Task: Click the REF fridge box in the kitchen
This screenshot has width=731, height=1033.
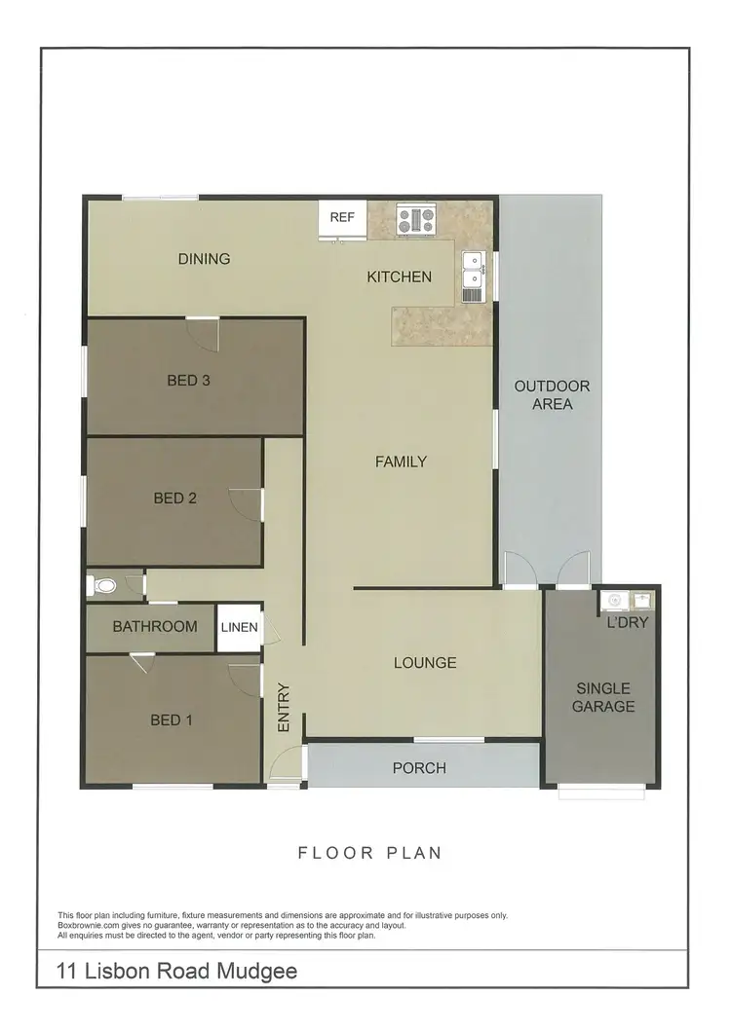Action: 342,218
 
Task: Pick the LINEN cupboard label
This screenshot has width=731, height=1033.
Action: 239,627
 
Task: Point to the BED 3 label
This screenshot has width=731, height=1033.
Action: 189,381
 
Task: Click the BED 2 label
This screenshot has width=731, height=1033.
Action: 175,498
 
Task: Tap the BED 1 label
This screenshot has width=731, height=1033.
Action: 172,720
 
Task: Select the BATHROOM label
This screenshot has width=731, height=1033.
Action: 155,627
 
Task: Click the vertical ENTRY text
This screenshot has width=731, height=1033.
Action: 284,708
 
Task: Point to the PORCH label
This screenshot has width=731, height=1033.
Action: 419,768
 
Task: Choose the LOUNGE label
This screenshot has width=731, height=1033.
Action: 425,663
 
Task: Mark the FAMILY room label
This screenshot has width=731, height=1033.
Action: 401,461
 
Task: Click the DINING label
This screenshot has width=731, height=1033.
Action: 204,259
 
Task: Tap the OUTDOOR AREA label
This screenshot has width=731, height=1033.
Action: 552,394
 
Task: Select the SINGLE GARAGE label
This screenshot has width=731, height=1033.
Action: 603,697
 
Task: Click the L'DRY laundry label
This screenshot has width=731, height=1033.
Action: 628,622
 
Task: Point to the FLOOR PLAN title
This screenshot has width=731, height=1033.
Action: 369,853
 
